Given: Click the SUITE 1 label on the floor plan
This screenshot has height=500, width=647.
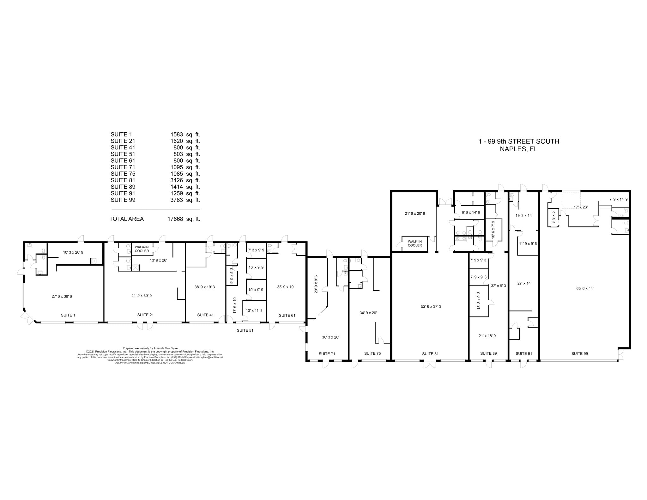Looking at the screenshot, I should [x=68, y=315].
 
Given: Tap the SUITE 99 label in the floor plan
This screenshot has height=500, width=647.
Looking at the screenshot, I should [x=579, y=353].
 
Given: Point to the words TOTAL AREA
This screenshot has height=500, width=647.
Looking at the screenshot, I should [x=126, y=219].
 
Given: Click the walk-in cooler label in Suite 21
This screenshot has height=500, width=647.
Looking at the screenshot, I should [x=142, y=249].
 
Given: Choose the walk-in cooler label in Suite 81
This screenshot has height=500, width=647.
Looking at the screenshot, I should [x=414, y=244].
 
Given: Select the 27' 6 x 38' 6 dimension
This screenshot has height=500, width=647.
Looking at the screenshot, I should [x=64, y=296].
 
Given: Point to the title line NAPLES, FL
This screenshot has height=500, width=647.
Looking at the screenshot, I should [x=518, y=149].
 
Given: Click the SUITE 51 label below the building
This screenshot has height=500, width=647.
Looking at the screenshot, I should [x=245, y=330].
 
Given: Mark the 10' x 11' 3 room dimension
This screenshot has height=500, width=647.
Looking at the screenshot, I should [x=254, y=310].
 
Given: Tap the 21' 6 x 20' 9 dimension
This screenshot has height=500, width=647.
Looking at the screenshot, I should [x=415, y=214].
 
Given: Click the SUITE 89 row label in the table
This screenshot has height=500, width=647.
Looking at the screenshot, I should [x=123, y=187].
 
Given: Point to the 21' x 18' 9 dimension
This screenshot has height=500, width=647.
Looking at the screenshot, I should [x=487, y=336].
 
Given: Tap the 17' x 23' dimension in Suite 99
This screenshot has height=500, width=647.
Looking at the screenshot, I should [x=580, y=207].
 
